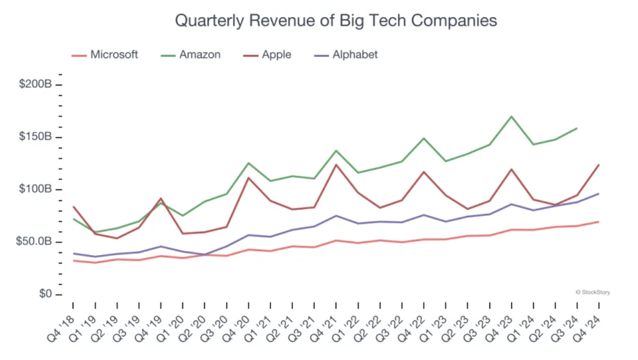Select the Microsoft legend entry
point(114,55)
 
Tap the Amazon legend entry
point(199,55)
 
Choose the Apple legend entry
point(276,55)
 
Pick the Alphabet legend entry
point(355,55)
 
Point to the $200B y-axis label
point(35,85)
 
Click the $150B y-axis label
point(35,137)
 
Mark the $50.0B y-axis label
point(33,242)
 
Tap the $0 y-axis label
point(45,294)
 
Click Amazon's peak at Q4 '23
point(511,116)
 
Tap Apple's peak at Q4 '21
point(336,165)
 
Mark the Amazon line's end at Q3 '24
point(577,128)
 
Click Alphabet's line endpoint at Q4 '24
point(599,194)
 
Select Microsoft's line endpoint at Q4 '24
point(599,222)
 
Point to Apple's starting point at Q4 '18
point(73,207)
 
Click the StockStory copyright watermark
point(592,292)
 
